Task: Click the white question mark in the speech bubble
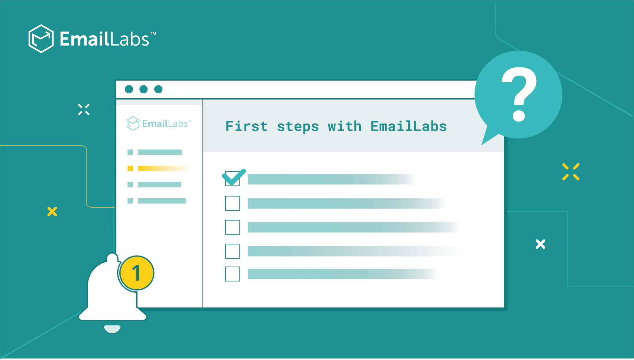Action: click(x=519, y=94)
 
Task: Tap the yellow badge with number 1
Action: click(x=136, y=273)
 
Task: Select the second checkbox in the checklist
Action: click(x=232, y=203)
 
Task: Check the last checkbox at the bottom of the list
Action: click(x=232, y=274)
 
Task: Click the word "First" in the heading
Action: click(x=246, y=126)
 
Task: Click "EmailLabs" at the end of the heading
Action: click(x=408, y=126)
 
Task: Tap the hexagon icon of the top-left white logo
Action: click(x=41, y=39)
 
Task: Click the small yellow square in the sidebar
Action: click(x=130, y=168)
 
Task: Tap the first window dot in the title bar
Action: click(x=129, y=89)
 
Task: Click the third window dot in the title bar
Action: click(x=158, y=89)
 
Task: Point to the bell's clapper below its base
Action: click(x=112, y=329)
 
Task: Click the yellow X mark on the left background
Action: click(x=52, y=212)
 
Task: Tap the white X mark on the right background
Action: click(x=540, y=244)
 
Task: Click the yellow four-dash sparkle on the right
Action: click(x=571, y=172)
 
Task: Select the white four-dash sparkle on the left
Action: click(x=84, y=109)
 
